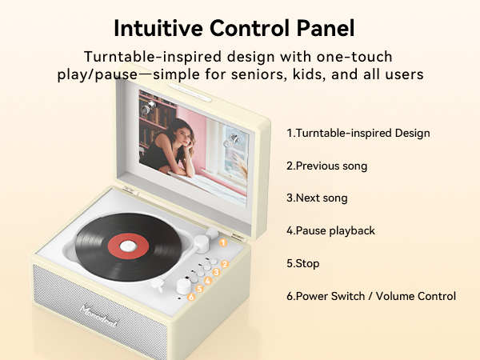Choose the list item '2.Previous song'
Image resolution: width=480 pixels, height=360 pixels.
pyautogui.click(x=326, y=166)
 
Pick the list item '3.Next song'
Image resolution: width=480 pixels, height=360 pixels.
pyautogui.click(x=317, y=198)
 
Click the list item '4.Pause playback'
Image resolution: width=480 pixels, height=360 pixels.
pyautogui.click(x=330, y=230)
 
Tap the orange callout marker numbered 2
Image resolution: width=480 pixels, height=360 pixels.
pyautogui.click(x=225, y=263)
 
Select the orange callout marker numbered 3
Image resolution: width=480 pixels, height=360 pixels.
pyautogui.click(x=216, y=272)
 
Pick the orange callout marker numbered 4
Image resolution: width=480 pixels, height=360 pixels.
pyautogui.click(x=207, y=281)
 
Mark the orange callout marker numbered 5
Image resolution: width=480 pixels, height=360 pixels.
pyautogui.click(x=199, y=289)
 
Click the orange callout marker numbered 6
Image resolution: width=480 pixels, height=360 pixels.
pyautogui.click(x=191, y=298)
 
